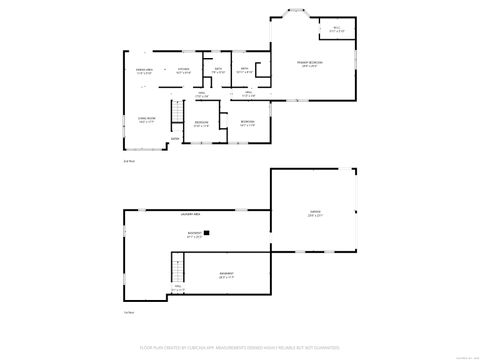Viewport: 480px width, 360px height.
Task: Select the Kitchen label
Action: coord(184,72)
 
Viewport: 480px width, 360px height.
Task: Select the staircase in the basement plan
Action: coord(178,268)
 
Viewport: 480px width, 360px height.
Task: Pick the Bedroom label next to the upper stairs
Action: coord(201,124)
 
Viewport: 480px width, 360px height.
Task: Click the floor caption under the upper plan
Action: coord(127,160)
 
